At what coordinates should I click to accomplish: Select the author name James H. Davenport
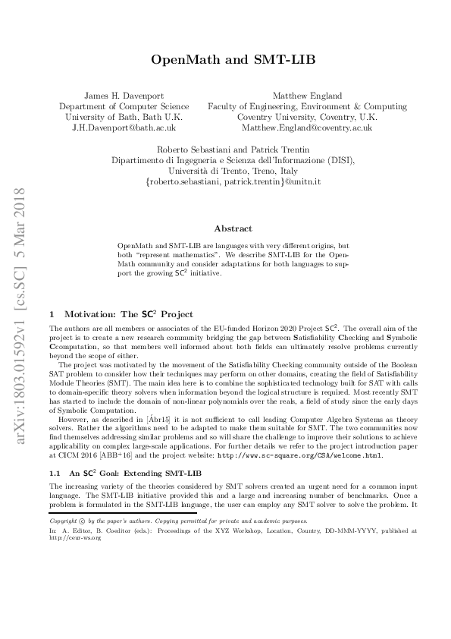124,96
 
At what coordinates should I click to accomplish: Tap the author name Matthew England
307,96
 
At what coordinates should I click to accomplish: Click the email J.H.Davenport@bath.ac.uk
124,128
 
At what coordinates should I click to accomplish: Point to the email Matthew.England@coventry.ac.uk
307,128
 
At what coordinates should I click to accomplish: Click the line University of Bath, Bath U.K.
124,118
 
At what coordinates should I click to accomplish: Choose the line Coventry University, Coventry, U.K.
307,118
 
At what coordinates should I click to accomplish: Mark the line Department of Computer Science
124,107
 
